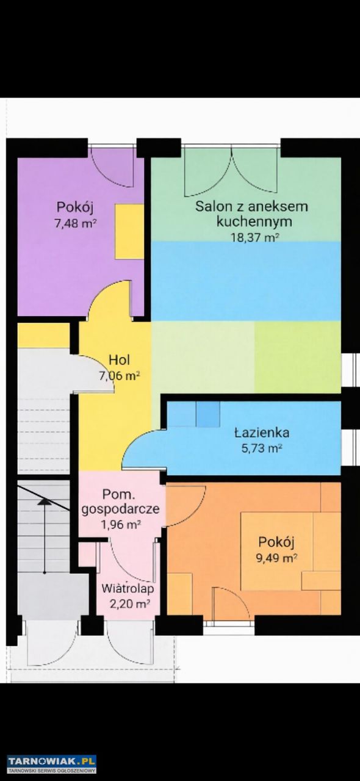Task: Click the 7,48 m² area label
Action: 75,223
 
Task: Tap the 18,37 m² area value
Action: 254,237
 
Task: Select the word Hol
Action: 120,359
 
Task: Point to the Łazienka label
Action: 262,433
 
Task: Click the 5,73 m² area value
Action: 262,448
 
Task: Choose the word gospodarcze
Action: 120,509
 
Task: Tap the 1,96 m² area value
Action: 121,524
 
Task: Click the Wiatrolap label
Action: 128,589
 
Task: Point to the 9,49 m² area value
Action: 276,558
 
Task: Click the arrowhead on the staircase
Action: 45,502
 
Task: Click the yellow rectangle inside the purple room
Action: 129,231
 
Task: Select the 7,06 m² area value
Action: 120,376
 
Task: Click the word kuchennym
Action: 254,221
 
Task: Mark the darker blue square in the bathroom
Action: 208,414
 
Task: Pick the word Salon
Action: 209,206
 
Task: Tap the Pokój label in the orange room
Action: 276,542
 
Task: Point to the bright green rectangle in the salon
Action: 298,357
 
